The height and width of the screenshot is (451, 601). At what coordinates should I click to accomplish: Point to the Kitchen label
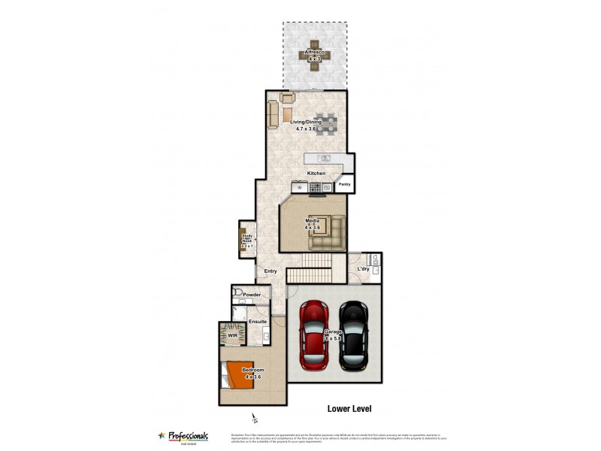(x=316, y=174)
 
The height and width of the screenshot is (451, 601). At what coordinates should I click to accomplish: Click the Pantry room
(x=345, y=183)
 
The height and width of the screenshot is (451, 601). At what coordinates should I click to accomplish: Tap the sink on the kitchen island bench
(x=325, y=158)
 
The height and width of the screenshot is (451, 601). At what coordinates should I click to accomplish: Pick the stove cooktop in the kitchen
(x=317, y=188)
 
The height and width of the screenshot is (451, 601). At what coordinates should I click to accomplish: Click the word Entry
(x=270, y=271)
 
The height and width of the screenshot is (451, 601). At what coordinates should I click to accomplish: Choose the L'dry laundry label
(x=364, y=269)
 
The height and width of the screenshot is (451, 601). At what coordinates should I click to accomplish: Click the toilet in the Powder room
(x=237, y=292)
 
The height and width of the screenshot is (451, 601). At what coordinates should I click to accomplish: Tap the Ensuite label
(x=258, y=322)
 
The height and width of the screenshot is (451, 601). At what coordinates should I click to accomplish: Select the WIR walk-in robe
(x=233, y=335)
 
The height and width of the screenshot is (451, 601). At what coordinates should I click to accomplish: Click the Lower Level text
(x=349, y=409)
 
